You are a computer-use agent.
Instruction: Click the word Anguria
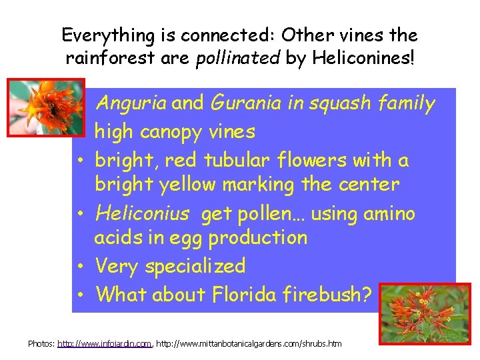tap(131, 104)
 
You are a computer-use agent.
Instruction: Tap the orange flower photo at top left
tap(46, 107)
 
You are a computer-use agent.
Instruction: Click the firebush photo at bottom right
tap(424, 313)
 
